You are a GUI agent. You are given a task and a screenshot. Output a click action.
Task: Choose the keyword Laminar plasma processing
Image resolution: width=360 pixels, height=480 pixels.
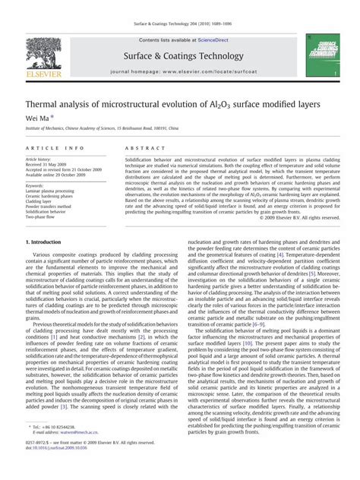coord(55,191)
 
